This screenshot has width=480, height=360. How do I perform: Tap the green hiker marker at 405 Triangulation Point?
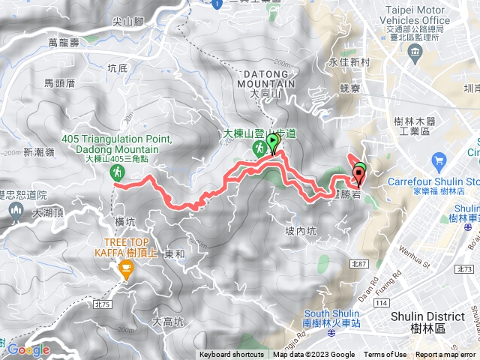point(118,173)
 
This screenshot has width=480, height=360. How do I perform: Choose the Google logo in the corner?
point(28,349)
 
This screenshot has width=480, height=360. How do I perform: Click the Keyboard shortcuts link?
point(232,355)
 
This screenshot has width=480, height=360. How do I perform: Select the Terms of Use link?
point(385,355)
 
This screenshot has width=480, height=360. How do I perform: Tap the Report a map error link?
point(445,355)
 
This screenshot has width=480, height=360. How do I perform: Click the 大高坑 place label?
point(167,322)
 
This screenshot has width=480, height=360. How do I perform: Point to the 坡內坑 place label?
point(301,230)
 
